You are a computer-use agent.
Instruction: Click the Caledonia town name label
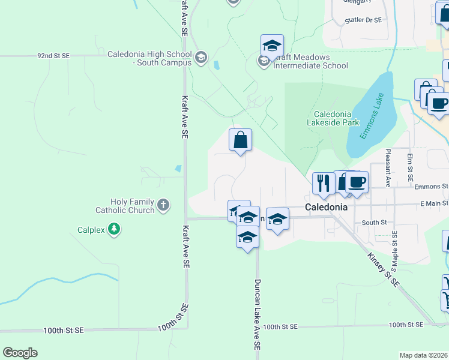click(327, 207)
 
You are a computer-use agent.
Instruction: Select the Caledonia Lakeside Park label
click(337, 118)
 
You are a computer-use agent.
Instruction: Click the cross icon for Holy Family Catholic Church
click(163, 206)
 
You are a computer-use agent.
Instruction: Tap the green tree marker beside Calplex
click(114, 229)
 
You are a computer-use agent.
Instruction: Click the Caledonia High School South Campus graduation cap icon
click(200, 58)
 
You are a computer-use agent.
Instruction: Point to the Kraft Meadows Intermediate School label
click(310, 61)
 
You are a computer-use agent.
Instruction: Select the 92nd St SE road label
click(53, 55)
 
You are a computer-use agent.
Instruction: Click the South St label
click(374, 222)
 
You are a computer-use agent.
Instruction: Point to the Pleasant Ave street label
click(388, 168)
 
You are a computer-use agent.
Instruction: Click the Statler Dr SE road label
click(363, 20)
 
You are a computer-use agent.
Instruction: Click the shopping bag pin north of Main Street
click(240, 140)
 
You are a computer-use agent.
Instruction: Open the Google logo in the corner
click(20, 353)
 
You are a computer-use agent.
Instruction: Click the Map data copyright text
click(423, 355)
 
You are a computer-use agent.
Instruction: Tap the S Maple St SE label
click(394, 250)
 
